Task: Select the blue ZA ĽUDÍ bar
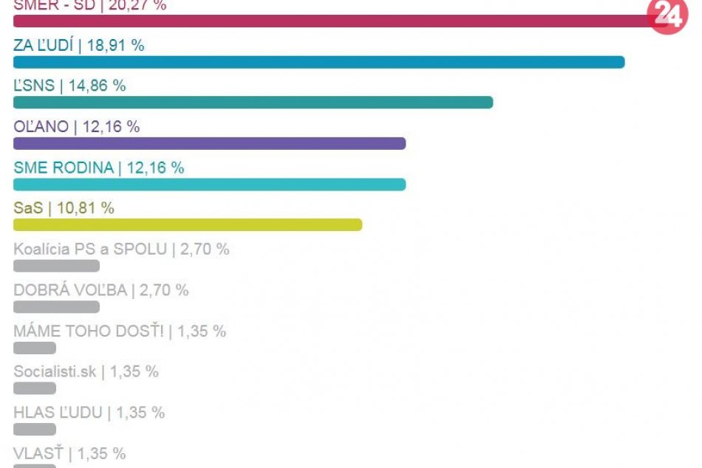tap(318, 62)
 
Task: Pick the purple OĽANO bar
tap(209, 143)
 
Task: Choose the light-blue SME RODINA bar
tap(209, 184)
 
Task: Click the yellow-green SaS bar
tap(188, 224)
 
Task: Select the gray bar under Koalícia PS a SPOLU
tap(56, 266)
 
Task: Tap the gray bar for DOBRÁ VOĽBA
tap(56, 306)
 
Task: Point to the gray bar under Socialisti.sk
tap(35, 388)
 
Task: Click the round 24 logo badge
tap(667, 15)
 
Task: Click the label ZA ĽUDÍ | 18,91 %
tap(78, 45)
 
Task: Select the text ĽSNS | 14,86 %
tap(69, 86)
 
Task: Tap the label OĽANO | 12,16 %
tap(76, 126)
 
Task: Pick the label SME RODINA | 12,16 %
tap(98, 168)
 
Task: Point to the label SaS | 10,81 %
tap(64, 208)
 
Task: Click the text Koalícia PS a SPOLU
tap(90, 249)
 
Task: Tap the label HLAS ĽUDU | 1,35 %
tap(89, 412)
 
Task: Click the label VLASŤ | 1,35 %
tap(69, 453)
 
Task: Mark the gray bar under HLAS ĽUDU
tap(35, 429)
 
